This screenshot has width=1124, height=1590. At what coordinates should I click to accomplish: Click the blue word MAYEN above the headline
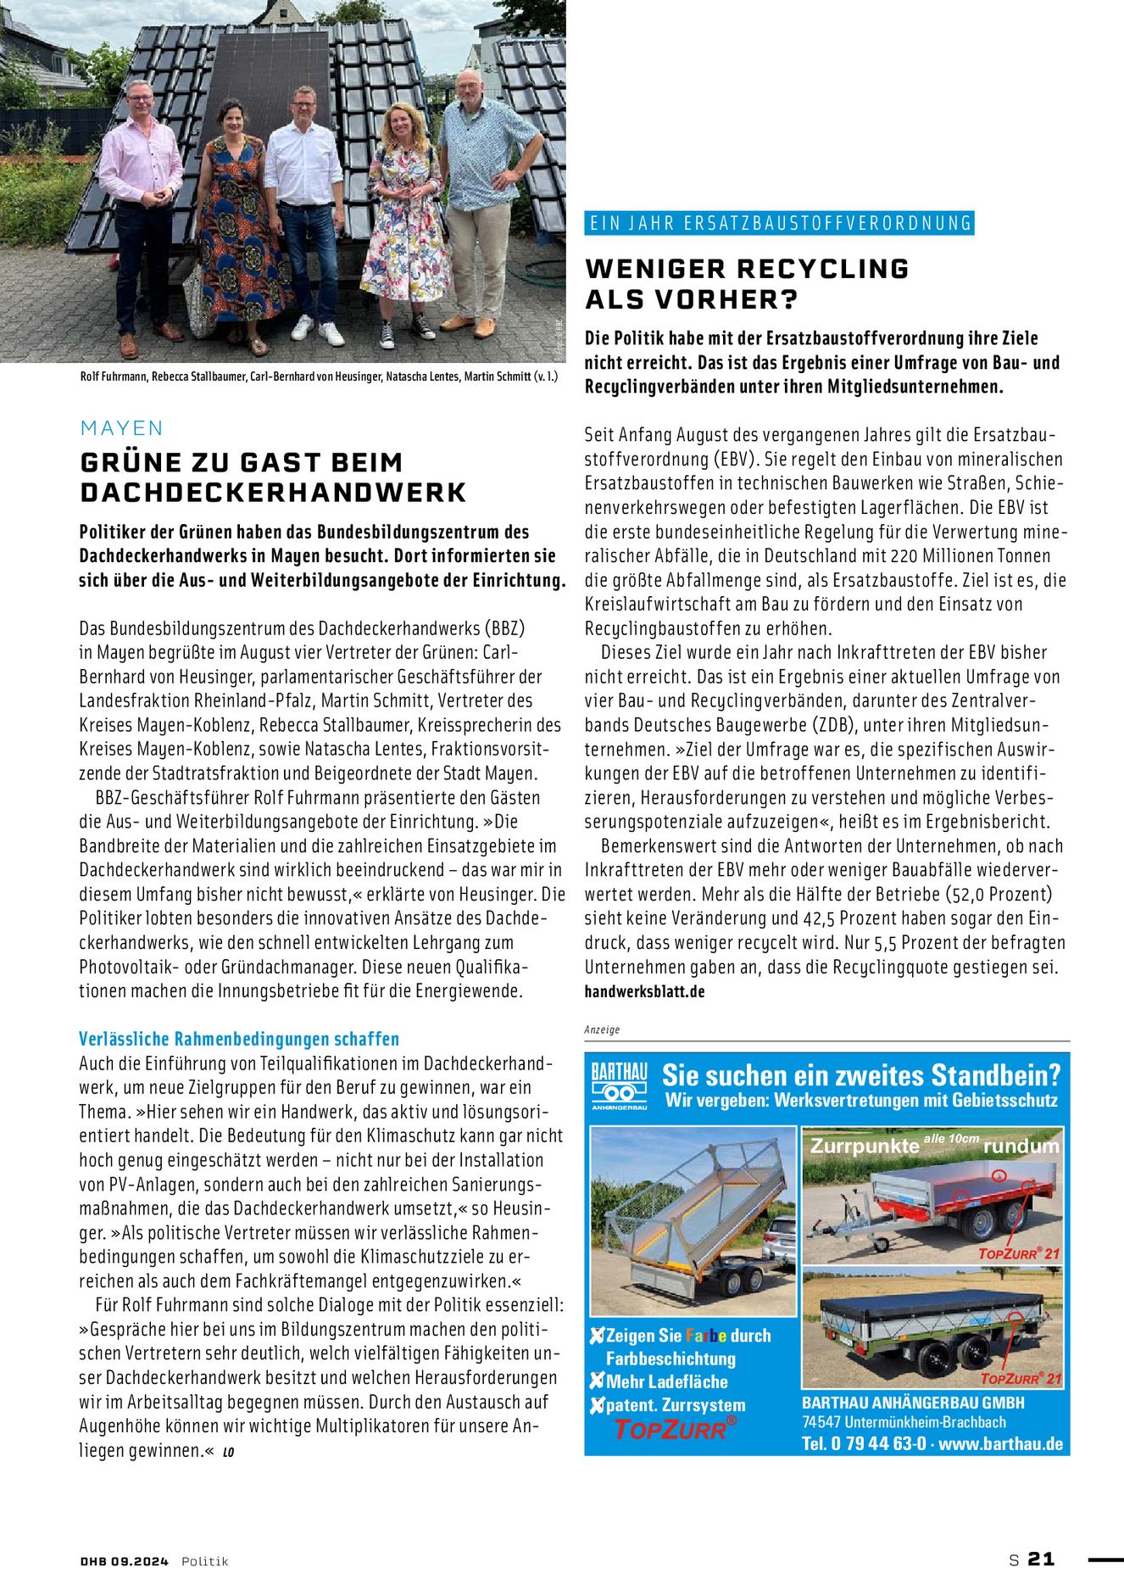121,428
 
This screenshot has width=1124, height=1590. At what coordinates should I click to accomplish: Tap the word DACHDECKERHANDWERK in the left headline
273,493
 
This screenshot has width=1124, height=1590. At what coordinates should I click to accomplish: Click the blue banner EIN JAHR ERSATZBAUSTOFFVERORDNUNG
780,223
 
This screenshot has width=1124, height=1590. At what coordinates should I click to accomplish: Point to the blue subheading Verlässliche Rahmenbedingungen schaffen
239,1039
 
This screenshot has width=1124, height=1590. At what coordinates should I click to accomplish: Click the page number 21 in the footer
1041,1559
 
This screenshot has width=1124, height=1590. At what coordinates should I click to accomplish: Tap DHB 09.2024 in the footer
125,1561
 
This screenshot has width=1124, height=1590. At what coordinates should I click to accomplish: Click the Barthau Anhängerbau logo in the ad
619,1085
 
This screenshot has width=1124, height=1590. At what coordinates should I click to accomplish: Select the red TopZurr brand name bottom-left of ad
670,1430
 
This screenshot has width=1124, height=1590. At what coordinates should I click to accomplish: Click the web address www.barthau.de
1000,1443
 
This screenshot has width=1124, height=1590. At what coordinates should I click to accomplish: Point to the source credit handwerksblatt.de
644,991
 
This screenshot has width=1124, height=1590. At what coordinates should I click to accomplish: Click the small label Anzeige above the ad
602,1029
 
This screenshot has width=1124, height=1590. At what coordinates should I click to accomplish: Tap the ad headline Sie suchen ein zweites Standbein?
860,1075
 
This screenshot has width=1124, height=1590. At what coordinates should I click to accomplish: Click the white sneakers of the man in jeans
319,331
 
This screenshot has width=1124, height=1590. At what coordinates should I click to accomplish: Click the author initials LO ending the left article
228,1452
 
